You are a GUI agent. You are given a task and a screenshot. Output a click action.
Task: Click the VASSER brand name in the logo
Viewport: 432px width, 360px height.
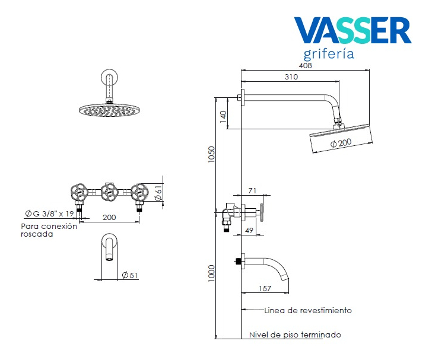coord(352,31)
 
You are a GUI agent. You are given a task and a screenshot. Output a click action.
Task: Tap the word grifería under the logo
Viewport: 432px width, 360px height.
coord(329,55)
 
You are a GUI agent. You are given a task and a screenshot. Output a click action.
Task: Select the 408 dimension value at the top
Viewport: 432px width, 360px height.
coord(305,66)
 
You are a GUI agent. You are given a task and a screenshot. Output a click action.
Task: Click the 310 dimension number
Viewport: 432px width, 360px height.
coord(291,77)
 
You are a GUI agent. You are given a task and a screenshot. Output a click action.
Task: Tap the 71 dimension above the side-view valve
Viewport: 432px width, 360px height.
coord(252,190)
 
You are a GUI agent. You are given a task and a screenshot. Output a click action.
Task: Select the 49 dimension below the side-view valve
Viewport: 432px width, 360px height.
coord(250,230)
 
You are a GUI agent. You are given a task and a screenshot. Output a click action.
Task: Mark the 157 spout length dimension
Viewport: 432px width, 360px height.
coord(265,289)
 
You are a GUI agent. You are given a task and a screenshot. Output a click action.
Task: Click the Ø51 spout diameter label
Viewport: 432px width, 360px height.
coord(129,275)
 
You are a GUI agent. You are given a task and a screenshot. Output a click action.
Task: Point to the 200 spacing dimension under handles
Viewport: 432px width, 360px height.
coord(109,218)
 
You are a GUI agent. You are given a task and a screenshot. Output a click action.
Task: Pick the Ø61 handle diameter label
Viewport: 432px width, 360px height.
coord(158,192)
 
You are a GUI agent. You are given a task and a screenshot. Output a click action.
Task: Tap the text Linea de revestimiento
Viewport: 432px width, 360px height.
coord(308,310)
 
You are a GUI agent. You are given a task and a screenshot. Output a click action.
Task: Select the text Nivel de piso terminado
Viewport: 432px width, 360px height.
coord(295,335)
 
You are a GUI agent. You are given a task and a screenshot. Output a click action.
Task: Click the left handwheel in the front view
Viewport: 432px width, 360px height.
coord(80,192)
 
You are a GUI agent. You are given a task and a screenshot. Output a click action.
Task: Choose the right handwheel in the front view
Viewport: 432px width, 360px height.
coord(140,192)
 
